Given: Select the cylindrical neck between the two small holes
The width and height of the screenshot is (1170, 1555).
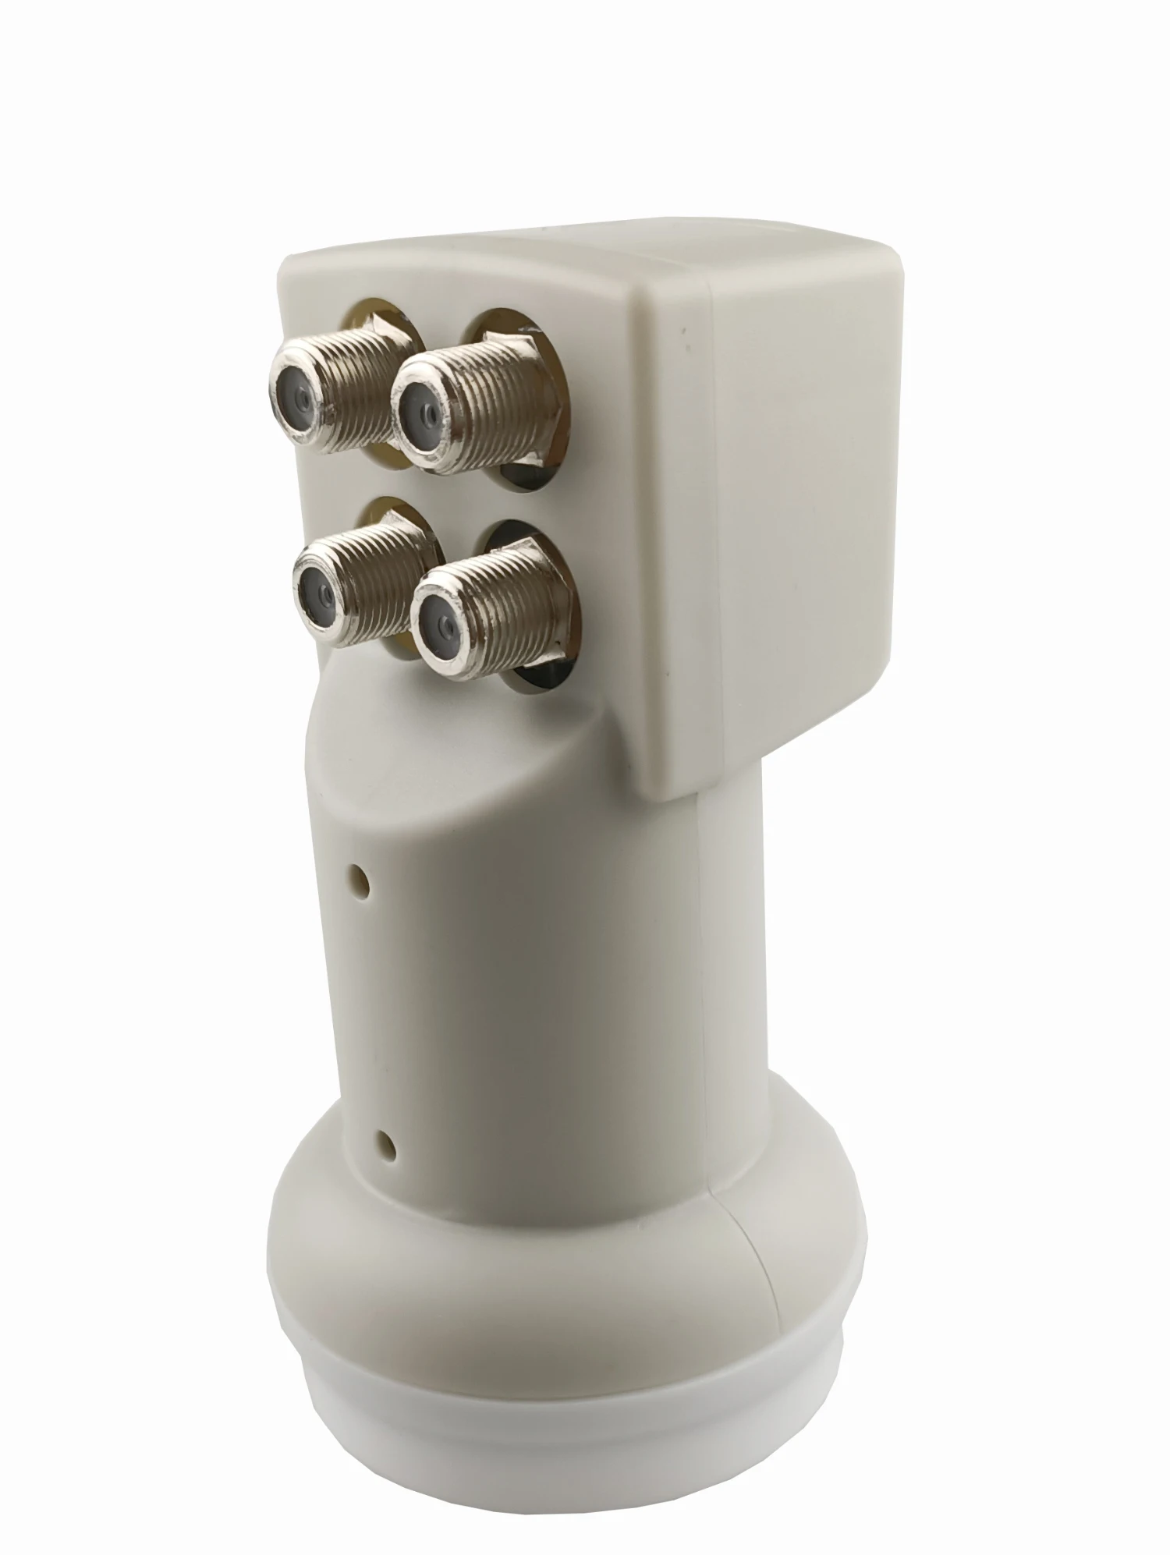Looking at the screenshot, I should [484, 1014].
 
